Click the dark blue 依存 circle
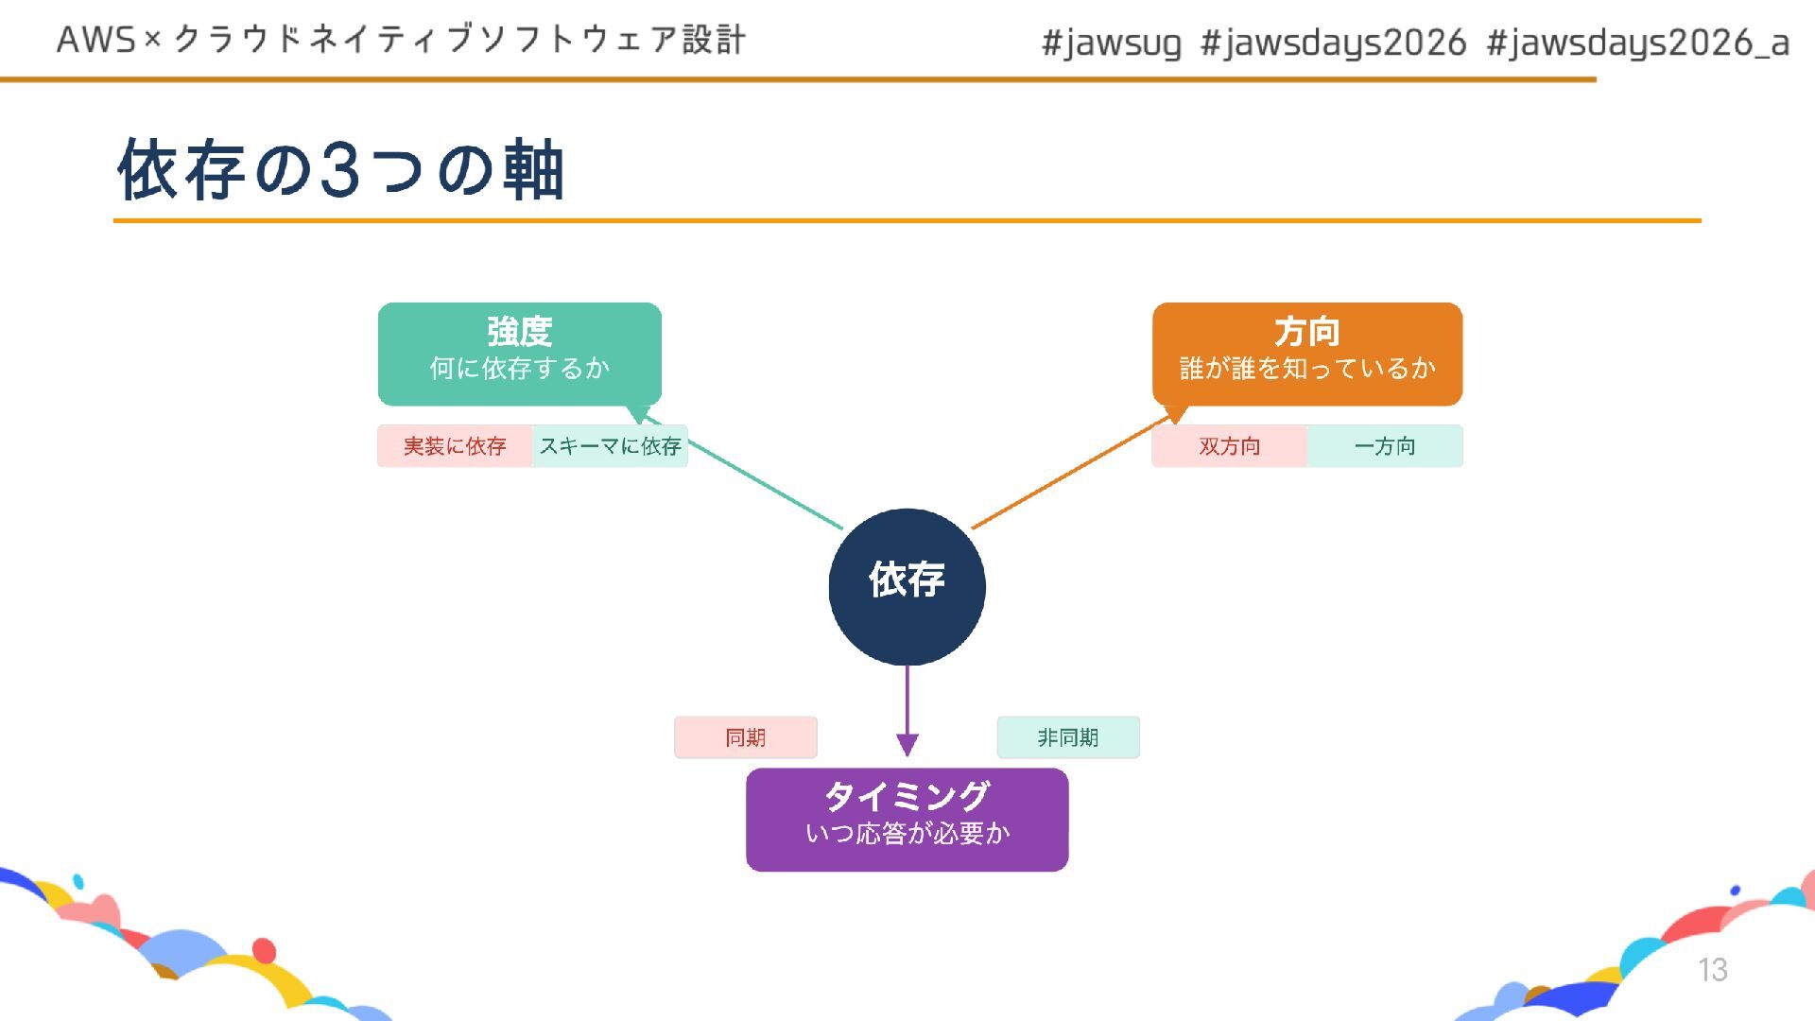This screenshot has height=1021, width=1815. tap(907, 586)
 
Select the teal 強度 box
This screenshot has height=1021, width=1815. tap(519, 353)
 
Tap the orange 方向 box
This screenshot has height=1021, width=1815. tap(1306, 353)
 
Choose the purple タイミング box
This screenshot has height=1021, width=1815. tap(907, 819)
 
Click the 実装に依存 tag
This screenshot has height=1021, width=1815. tap(455, 446)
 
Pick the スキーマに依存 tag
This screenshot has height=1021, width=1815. tap(610, 446)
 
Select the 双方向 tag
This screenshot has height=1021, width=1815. tap(1229, 446)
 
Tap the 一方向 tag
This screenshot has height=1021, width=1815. tap(1385, 446)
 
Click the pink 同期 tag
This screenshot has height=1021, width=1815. tap(745, 737)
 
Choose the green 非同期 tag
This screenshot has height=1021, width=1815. tap(1068, 737)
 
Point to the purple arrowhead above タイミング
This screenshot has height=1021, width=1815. tap(907, 745)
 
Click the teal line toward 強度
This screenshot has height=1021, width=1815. tap(766, 485)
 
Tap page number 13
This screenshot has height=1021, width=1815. tap(1712, 969)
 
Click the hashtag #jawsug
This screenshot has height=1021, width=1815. tap(1111, 43)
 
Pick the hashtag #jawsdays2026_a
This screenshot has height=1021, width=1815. tap(1637, 43)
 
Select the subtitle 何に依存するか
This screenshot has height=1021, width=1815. tap(519, 368)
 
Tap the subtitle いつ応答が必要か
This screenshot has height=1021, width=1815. tap(907, 833)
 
